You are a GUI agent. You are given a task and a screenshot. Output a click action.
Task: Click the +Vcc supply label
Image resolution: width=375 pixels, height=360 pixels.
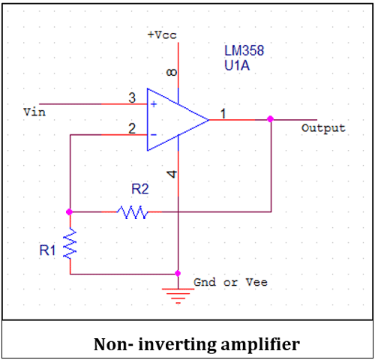[162, 35]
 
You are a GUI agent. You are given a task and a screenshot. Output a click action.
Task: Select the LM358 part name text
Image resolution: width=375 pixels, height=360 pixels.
[244, 51]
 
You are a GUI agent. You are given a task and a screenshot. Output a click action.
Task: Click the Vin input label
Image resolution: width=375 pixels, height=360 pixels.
[34, 112]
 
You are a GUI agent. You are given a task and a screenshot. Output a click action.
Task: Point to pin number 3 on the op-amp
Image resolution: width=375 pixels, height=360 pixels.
[132, 98]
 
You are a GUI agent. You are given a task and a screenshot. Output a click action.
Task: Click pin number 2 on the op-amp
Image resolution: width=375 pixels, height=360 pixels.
[132, 129]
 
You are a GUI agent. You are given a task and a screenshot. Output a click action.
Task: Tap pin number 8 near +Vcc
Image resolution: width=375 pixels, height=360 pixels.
[172, 73]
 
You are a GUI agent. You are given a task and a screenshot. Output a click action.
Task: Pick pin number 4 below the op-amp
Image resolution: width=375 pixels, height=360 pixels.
[172, 174]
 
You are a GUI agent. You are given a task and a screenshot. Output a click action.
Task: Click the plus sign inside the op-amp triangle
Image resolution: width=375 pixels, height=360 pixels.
[154, 104]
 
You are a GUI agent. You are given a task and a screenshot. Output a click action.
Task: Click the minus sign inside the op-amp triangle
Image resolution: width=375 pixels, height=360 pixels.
[154, 135]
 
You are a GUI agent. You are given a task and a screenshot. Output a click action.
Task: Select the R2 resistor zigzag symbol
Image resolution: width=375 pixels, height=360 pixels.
[133, 213]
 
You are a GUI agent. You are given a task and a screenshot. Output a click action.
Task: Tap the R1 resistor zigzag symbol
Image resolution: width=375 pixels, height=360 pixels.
[70, 244]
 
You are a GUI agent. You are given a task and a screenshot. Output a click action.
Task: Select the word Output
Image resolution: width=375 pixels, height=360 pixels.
[323, 128]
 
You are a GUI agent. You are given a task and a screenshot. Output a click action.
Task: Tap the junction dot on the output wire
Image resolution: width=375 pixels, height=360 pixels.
[270, 118]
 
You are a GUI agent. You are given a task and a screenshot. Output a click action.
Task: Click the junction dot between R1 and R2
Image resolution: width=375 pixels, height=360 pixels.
[70, 212]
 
